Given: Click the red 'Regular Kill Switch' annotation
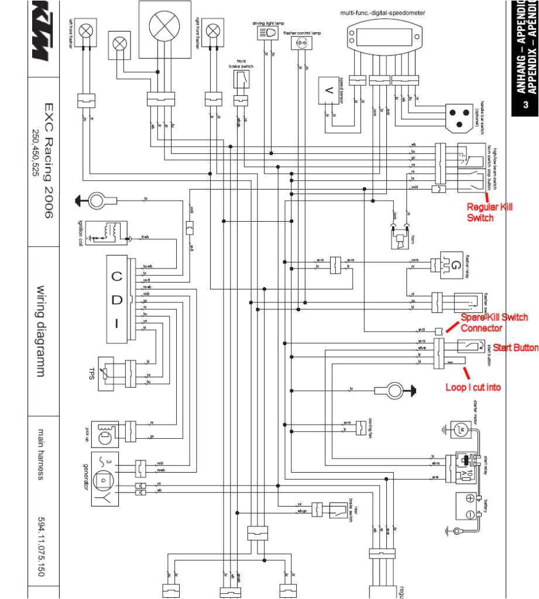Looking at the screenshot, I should point(489,212).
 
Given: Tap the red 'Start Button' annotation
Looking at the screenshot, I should point(515,348).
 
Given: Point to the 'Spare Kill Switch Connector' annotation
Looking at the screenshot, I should point(494,322).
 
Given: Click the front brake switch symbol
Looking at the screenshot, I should point(241,80).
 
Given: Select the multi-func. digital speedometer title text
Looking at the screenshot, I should point(383,12).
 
